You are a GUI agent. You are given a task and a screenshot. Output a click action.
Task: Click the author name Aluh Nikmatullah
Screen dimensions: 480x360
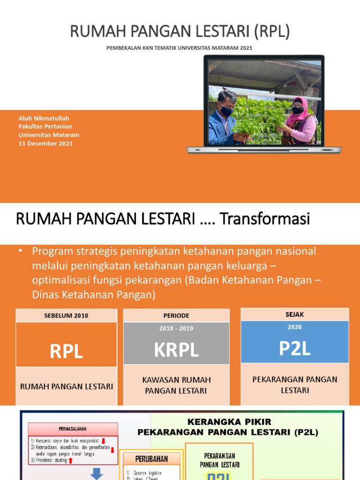tap(44, 118)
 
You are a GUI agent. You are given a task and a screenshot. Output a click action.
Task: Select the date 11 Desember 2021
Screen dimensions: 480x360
tap(45, 143)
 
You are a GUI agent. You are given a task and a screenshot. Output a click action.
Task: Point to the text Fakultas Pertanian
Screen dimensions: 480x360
tap(45, 127)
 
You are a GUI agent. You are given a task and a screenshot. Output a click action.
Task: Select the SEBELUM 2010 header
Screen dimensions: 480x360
tap(66, 315)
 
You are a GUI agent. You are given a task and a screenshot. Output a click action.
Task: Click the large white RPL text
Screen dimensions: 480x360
tap(66, 351)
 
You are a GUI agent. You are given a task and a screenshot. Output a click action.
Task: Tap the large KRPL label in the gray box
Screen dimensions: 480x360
tap(176, 350)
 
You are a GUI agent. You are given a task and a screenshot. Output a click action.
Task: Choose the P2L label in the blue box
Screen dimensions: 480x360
tap(295, 348)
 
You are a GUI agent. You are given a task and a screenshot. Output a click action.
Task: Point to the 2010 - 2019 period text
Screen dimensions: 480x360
tap(176, 329)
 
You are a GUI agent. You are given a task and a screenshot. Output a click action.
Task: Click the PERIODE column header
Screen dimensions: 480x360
tap(176, 315)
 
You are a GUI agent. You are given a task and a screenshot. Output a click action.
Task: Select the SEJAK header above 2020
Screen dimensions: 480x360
tap(295, 314)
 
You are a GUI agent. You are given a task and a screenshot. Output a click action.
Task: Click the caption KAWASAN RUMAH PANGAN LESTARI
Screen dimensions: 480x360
tap(176, 385)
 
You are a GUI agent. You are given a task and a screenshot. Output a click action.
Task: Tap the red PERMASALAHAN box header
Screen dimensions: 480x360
tap(73, 429)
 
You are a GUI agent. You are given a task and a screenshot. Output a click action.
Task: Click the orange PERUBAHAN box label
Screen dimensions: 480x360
tap(151, 458)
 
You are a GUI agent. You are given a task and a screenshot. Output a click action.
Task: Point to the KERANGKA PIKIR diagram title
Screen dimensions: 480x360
tap(229, 422)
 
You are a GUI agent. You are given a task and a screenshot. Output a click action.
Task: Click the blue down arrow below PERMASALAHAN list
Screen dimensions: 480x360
tap(97, 474)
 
